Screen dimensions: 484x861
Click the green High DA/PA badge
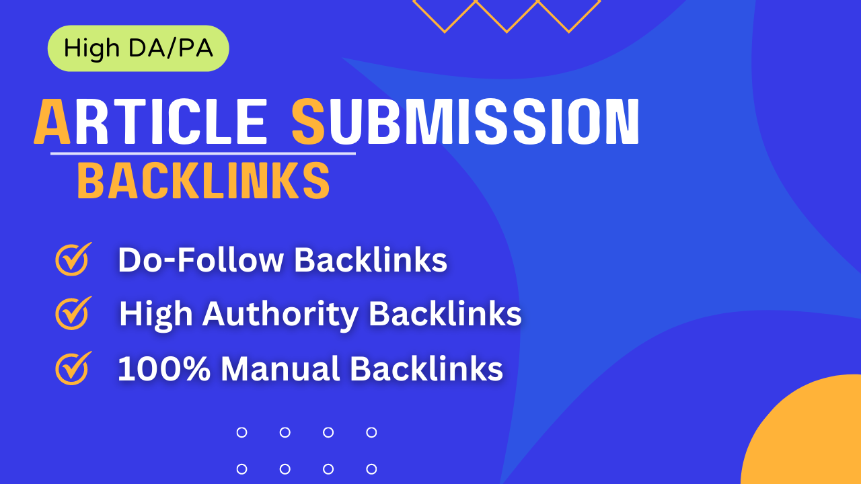click(x=138, y=48)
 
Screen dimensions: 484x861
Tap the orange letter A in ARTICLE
click(x=52, y=122)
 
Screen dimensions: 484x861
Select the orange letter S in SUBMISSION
click(x=309, y=122)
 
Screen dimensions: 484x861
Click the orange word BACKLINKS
click(x=203, y=181)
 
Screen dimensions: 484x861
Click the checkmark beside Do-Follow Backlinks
click(x=73, y=259)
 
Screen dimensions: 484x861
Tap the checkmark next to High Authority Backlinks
click(x=73, y=313)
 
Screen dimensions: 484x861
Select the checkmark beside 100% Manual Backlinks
click(x=73, y=368)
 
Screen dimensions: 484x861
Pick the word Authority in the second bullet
click(x=282, y=315)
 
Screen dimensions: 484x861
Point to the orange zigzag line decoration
click(x=506, y=15)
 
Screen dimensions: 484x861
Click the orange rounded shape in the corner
click(x=807, y=437)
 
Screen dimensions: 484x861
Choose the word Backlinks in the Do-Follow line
click(x=371, y=260)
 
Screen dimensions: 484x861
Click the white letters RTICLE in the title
click(x=171, y=122)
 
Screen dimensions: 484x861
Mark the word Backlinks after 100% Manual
click(x=426, y=369)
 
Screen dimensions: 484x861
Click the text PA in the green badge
click(x=196, y=48)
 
